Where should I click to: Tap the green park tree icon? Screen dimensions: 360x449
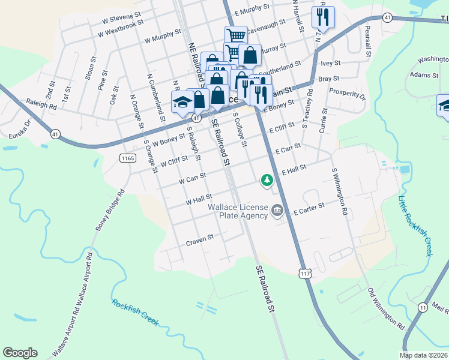pos(266,180)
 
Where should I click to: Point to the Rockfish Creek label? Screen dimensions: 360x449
pos(135,311)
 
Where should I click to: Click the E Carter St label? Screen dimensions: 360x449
pos(309,208)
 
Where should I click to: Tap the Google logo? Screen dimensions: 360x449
pos(20,353)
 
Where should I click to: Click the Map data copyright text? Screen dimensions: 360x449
pos(424,355)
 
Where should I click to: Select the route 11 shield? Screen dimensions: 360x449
pos(423,307)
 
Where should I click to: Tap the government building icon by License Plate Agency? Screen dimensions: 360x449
pos(277,211)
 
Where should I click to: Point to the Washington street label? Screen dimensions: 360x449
pos(433,59)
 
